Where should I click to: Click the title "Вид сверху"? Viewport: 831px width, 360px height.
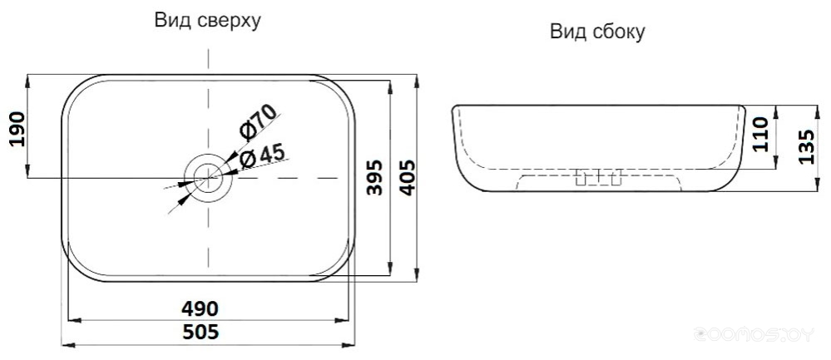(x=208, y=21)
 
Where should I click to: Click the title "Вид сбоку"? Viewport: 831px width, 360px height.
(x=597, y=32)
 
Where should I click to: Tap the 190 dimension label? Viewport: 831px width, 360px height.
(x=17, y=129)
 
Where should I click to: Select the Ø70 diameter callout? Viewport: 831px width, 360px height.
(x=258, y=121)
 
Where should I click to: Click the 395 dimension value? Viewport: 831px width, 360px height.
(x=374, y=177)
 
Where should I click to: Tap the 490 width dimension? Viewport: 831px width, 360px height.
(x=200, y=308)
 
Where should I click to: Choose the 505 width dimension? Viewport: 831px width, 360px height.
(x=200, y=332)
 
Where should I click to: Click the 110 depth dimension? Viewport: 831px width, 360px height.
(x=760, y=135)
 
